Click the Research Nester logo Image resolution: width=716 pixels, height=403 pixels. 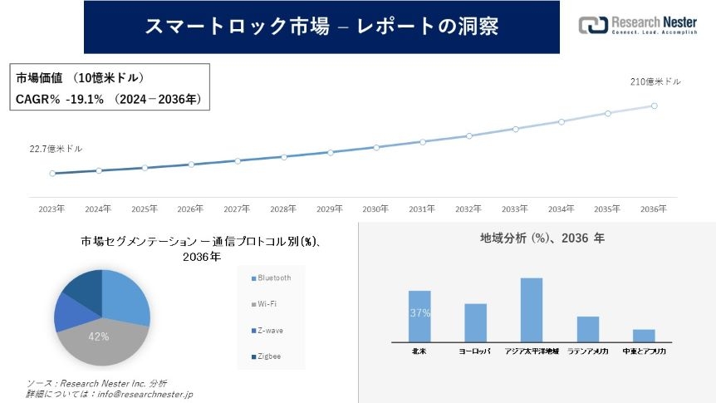click(638, 25)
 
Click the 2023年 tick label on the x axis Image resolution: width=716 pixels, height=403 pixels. click(51, 209)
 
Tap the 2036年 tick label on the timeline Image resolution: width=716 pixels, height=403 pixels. click(654, 209)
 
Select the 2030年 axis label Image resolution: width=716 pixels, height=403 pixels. click(375, 209)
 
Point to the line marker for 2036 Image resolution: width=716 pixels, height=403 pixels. click(654, 106)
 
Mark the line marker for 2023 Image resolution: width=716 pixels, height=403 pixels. click(52, 174)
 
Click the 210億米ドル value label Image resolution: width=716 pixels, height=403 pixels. click(655, 81)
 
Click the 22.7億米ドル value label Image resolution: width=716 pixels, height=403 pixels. click(56, 149)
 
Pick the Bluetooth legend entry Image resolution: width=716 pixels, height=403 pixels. click(274, 278)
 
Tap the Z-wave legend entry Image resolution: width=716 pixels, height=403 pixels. click(270, 330)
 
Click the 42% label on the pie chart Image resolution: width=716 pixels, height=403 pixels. click(99, 337)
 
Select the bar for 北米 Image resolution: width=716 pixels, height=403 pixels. click(419, 316)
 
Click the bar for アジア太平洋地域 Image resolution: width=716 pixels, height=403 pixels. click(532, 309)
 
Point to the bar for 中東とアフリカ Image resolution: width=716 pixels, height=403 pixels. click(644, 335)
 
